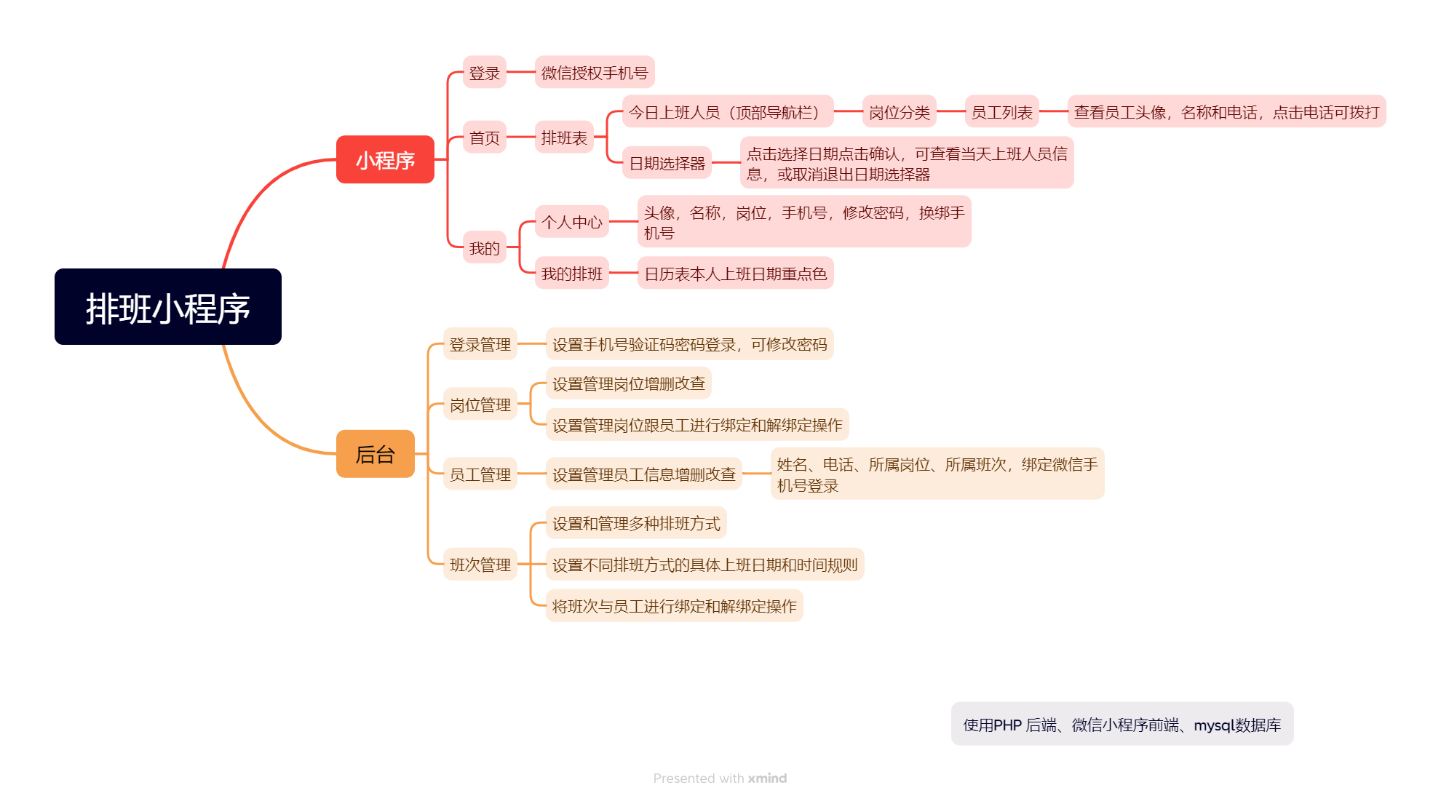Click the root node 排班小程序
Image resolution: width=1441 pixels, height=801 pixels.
(x=167, y=307)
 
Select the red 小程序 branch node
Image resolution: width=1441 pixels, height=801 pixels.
(x=385, y=160)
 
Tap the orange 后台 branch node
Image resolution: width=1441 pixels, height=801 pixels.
(x=375, y=454)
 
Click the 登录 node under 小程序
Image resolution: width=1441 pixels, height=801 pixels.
(x=484, y=73)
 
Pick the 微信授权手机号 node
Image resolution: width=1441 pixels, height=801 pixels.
(x=594, y=73)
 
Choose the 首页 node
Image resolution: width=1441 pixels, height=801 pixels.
(x=484, y=138)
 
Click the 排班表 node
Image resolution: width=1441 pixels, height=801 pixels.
(x=564, y=138)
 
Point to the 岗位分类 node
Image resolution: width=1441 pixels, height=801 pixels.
(x=899, y=112)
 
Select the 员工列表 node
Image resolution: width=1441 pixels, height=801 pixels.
(x=1001, y=112)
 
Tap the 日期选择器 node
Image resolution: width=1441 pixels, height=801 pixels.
(x=667, y=163)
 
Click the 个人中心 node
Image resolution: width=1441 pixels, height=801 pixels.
(x=571, y=222)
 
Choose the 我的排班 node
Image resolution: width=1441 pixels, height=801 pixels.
(x=571, y=274)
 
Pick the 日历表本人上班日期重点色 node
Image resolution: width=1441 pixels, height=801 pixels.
(x=735, y=274)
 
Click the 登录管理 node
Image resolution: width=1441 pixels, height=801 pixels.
(x=480, y=344)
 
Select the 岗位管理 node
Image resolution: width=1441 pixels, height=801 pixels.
(x=480, y=405)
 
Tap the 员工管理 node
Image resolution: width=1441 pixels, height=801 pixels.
(x=480, y=474)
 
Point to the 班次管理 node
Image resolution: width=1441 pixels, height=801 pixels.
(x=480, y=565)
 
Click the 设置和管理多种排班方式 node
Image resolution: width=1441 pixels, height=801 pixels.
(x=635, y=523)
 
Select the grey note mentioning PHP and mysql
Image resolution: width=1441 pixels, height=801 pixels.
(x=1122, y=725)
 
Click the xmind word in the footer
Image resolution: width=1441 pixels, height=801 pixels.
(x=767, y=778)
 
